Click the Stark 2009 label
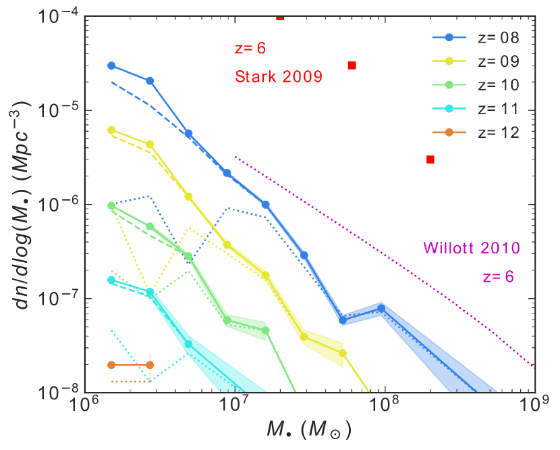click(x=278, y=76)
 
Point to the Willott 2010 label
click(x=472, y=248)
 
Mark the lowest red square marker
click(x=430, y=159)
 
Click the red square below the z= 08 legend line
click(x=352, y=66)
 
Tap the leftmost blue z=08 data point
click(x=111, y=66)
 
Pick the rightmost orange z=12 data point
click(x=150, y=365)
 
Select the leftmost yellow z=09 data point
click(x=111, y=130)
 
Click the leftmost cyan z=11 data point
click(x=111, y=280)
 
